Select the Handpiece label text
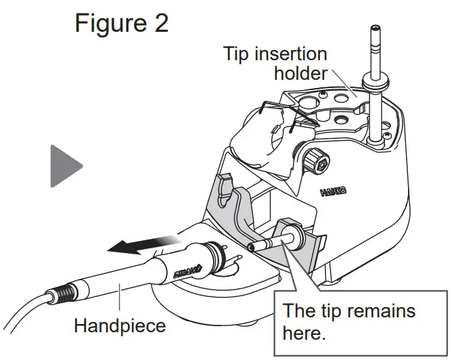click(x=119, y=325)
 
